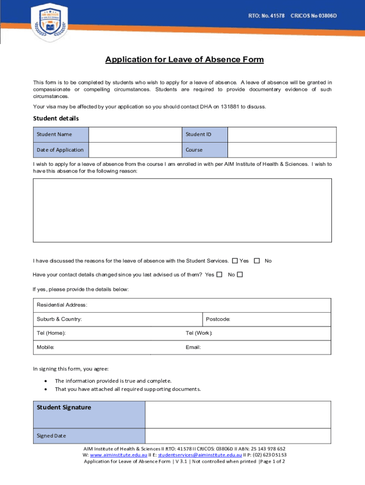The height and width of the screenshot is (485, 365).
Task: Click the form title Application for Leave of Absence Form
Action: [x=184, y=60]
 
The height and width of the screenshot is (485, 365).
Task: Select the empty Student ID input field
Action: [x=282, y=135]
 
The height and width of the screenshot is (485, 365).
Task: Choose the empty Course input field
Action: [x=282, y=150]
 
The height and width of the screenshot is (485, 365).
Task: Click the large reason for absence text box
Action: [x=182, y=210]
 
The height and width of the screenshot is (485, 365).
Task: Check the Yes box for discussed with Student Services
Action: [x=235, y=260]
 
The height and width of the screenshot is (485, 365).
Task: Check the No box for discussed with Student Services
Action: [x=257, y=260]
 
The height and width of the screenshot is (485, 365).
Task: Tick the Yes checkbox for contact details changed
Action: [x=219, y=274]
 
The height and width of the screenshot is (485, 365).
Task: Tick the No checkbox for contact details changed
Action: [x=240, y=274]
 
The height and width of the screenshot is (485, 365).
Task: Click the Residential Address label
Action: [x=62, y=305]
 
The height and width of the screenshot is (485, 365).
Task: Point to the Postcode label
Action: [x=218, y=319]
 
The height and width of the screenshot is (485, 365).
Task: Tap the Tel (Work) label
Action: [x=199, y=333]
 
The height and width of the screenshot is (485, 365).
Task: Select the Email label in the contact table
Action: [x=193, y=347]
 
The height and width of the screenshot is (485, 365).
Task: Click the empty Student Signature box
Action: [x=238, y=414]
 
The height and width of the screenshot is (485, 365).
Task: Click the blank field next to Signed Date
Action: [x=238, y=436]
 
